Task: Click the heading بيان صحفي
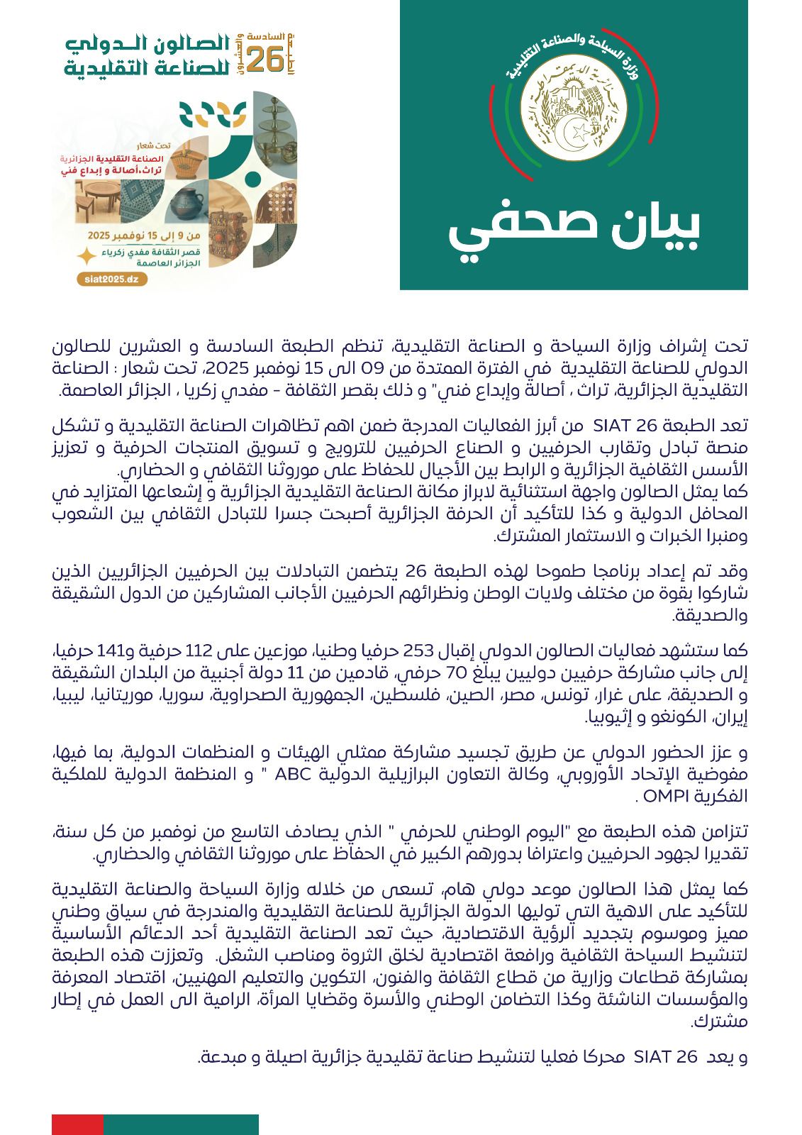[x=574, y=229]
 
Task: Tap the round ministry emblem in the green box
[x=574, y=113]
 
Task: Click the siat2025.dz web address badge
[x=112, y=279]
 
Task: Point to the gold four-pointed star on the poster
[x=87, y=256]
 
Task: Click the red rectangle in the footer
[x=77, y=1124]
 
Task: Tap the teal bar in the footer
[x=181, y=1124]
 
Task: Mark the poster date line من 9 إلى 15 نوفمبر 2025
[x=144, y=236]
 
